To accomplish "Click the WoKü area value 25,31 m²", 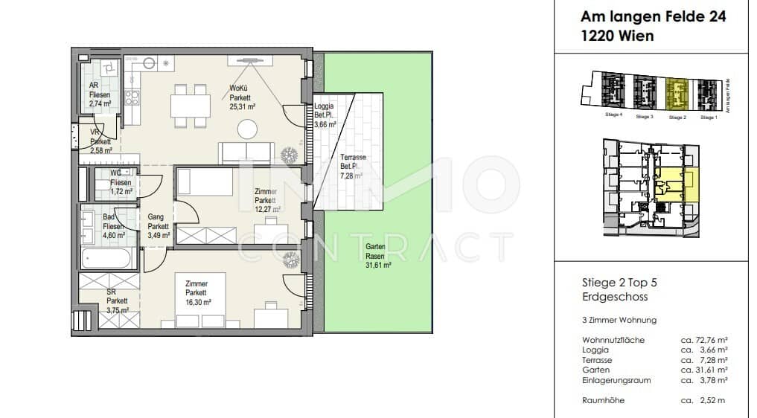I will point(242,106).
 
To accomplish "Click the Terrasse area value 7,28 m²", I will point(351,176).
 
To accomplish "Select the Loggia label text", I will point(325,106).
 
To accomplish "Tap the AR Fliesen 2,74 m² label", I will point(99,94).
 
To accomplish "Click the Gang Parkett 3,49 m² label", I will point(159,226).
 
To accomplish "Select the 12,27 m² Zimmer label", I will point(266,200).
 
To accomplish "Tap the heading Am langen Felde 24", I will point(654,16).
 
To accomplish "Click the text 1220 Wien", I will point(617,35).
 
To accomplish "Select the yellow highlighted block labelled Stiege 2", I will point(677,94).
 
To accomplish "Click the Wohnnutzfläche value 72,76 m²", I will point(703,340).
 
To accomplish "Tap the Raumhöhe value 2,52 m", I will point(703,400).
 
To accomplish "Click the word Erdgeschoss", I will point(614,297).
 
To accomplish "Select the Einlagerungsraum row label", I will point(616,380).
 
